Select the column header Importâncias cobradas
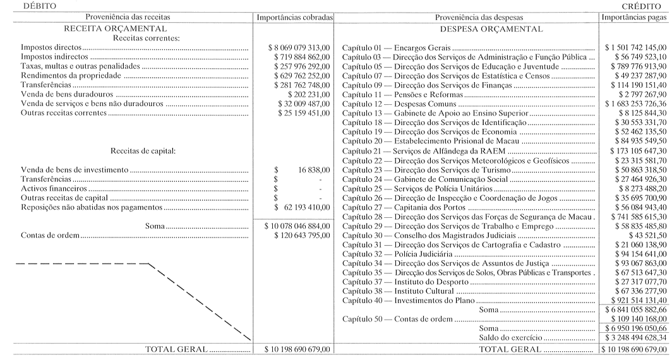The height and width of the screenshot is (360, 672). tap(294, 17)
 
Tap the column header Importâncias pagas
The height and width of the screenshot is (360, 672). tap(635, 17)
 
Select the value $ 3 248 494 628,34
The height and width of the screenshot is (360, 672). tap(634, 339)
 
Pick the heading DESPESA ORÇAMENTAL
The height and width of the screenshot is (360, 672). tap(490, 28)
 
